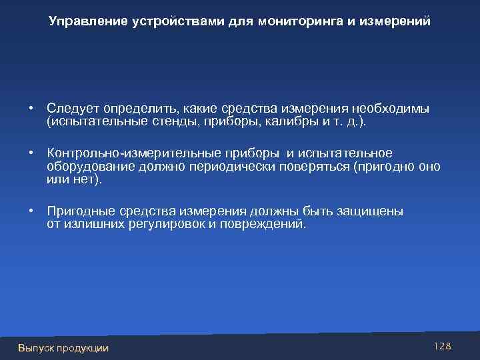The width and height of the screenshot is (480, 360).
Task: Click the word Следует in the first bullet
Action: tap(69, 108)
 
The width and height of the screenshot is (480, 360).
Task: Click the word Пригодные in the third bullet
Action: tap(77, 211)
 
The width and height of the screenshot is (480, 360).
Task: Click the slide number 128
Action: tap(443, 346)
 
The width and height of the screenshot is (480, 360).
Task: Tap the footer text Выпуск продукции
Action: tap(63, 347)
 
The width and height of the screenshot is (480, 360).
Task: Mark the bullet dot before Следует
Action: tap(31, 108)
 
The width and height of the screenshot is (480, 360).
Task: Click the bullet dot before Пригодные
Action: tap(31, 211)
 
